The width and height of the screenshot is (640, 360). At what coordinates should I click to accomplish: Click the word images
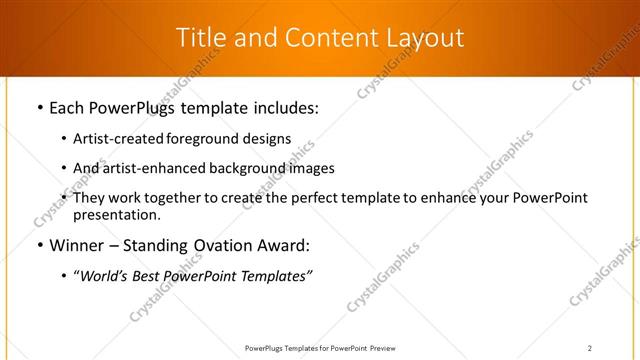click(309, 168)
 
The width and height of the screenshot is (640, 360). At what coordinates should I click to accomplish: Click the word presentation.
click(116, 214)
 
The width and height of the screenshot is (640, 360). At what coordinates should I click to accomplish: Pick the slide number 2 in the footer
click(590, 348)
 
